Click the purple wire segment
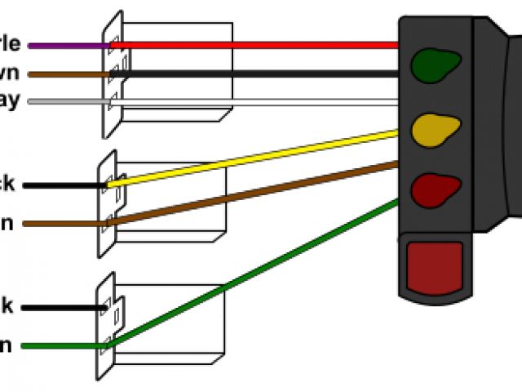point(69,46)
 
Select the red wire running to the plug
point(261,45)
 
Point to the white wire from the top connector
point(261,102)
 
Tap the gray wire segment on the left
point(69,102)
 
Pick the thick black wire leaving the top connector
point(261,73)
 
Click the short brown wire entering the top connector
point(69,74)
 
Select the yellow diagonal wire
point(261,156)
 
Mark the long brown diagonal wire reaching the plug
point(261,194)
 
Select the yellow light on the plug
point(435,127)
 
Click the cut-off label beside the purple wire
point(11,44)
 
